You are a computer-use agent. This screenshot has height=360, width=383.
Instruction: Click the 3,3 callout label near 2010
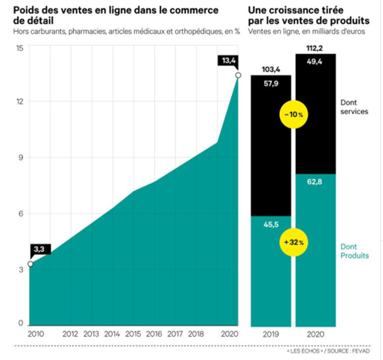pos(38,249)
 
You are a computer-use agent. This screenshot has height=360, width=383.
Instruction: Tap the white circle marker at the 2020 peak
pos(239,74)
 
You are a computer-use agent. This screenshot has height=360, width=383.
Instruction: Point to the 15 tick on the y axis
pos(20,48)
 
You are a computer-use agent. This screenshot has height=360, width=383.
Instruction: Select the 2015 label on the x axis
pos(132,334)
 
